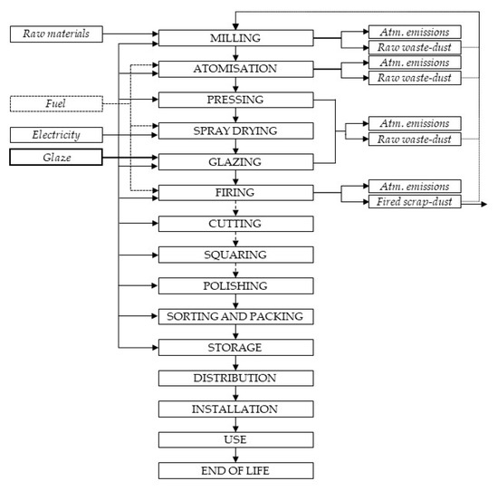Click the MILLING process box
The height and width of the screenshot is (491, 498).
[235, 37]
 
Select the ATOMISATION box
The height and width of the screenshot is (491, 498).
[235, 69]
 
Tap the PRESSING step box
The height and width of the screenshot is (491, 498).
[235, 100]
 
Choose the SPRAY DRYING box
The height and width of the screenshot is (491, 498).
[235, 131]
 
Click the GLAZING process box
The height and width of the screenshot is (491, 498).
[235, 162]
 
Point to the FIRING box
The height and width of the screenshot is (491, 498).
[235, 193]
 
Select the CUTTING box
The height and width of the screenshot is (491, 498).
[235, 224]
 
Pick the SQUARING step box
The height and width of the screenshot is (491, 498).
[235, 255]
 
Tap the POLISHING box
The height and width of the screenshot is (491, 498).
[235, 286]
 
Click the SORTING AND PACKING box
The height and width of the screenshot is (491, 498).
[235, 317]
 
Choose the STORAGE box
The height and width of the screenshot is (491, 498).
[235, 348]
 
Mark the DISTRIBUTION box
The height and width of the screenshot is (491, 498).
[235, 379]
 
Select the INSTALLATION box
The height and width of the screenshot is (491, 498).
[235, 409]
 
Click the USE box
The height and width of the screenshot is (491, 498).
[235, 440]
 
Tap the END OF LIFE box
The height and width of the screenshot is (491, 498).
[235, 471]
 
